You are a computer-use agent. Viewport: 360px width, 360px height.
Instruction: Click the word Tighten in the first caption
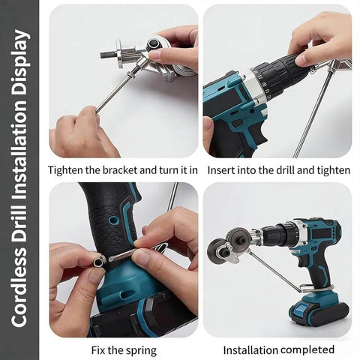coord(67,170)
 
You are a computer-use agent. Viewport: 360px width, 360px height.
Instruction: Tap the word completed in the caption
coord(304,349)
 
